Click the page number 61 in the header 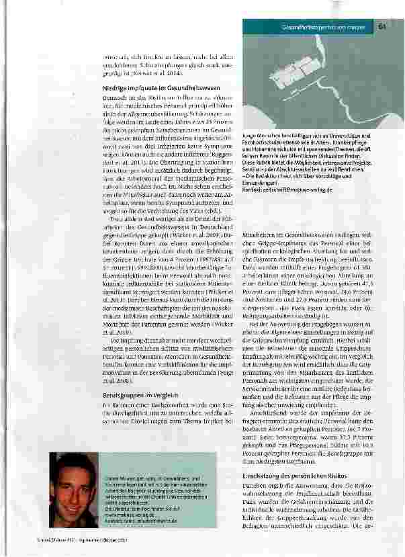pyautogui.click(x=380, y=27)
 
